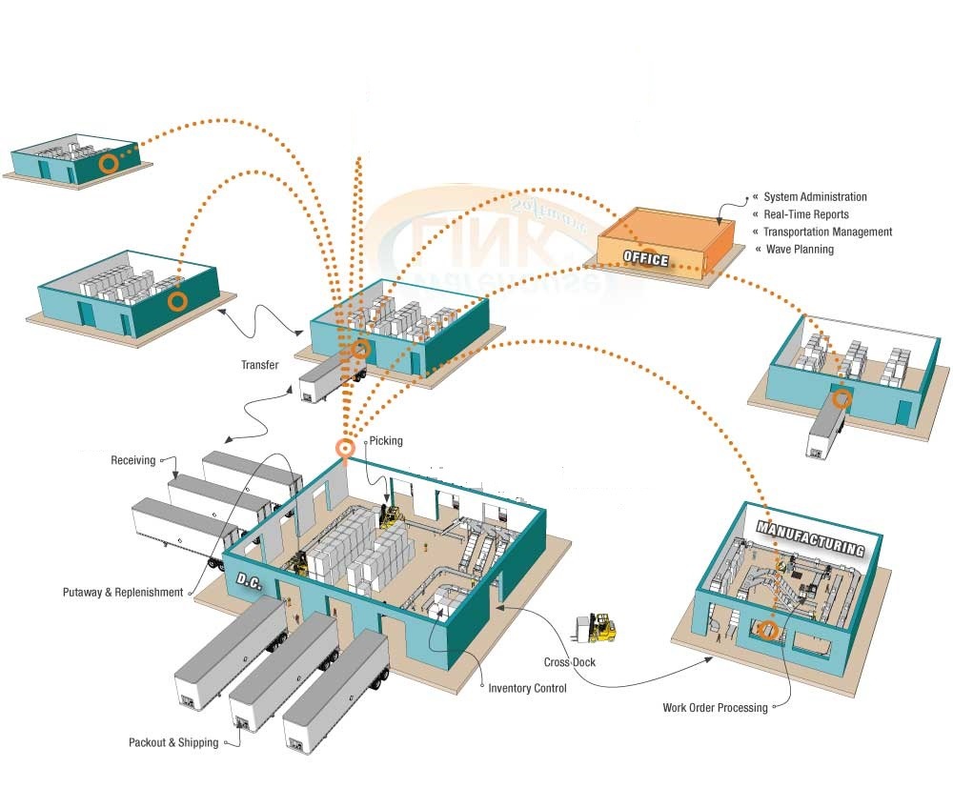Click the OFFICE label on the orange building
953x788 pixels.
tap(645, 258)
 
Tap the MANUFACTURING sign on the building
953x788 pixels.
tap(810, 537)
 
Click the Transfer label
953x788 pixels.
tap(260, 364)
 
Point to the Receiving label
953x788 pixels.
tap(133, 460)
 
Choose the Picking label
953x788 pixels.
tap(386, 441)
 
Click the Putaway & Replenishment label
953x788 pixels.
tap(123, 592)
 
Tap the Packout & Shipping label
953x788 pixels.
tap(173, 742)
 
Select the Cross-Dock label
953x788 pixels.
tap(570, 662)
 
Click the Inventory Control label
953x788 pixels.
tap(527, 688)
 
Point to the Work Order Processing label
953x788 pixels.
tap(715, 708)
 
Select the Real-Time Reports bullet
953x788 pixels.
tap(805, 214)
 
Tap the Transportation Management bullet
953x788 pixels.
tap(827, 232)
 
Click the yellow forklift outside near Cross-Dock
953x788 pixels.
tap(596, 628)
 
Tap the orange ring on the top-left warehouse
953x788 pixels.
tap(109, 163)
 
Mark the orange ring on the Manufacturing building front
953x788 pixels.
tap(768, 629)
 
